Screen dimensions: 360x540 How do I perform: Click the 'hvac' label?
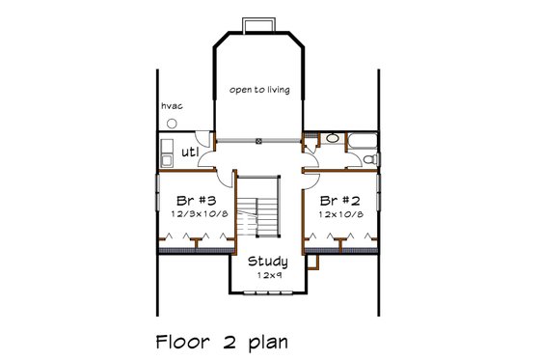pyautogui.click(x=173, y=105)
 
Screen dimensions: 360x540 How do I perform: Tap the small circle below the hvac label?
pyautogui.click(x=172, y=124)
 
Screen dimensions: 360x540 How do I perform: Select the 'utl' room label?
pyautogui.click(x=190, y=152)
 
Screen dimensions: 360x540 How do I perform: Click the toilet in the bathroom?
pyautogui.click(x=372, y=157)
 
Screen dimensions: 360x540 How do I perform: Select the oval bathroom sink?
pyautogui.click(x=332, y=139)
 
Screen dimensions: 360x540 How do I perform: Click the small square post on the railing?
pyautogui.click(x=259, y=141)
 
